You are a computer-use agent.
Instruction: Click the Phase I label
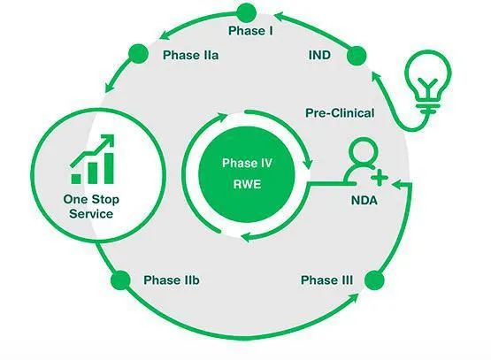click(250, 31)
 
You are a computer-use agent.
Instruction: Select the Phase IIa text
click(190, 55)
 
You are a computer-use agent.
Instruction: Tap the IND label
click(319, 55)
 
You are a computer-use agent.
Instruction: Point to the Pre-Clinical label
click(340, 113)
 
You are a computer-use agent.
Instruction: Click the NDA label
click(364, 201)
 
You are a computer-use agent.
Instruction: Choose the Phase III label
click(326, 280)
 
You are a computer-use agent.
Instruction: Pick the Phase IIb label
click(172, 280)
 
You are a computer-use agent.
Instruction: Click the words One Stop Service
click(91, 207)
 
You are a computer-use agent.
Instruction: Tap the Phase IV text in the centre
click(247, 163)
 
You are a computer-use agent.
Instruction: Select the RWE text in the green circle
click(247, 184)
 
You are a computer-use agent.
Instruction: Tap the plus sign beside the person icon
click(380, 177)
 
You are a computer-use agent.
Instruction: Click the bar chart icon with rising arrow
click(92, 159)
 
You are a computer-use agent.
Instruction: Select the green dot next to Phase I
click(247, 12)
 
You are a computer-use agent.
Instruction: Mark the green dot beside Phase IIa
click(138, 54)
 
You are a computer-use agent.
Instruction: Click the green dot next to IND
click(357, 56)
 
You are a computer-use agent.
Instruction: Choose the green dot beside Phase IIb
click(120, 280)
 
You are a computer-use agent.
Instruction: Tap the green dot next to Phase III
click(374, 280)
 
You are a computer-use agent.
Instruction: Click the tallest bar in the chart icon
click(109, 168)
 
